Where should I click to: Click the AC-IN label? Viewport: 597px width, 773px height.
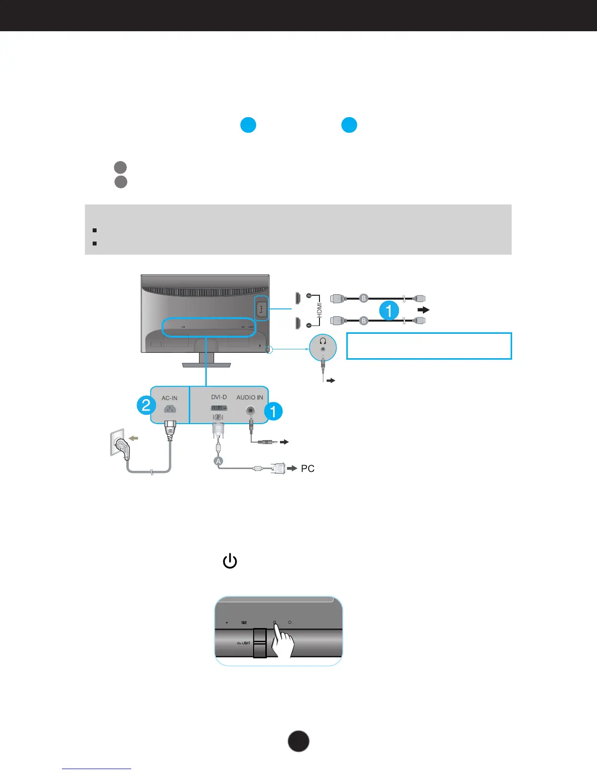pos(169,398)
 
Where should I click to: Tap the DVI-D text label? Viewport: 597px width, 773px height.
pos(219,397)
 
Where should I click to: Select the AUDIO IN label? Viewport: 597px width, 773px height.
pos(250,397)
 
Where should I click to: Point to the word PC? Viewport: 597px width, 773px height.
pos(308,468)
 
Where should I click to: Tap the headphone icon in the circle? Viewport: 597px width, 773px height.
pos(322,341)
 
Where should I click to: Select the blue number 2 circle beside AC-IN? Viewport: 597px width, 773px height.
pos(146,405)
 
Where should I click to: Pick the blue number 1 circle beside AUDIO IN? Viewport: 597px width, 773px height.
pos(273,411)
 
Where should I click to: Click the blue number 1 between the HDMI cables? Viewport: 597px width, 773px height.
pos(389,310)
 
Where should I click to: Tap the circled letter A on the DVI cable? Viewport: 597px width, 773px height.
pos(218,461)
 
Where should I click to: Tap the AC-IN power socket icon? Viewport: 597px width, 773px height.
pos(169,410)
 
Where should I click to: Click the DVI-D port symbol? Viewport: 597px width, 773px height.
pos(219,407)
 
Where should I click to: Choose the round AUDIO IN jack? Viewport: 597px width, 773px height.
pos(251,411)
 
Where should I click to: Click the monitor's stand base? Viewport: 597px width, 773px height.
pos(206,364)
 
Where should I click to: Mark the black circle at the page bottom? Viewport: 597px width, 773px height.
pos(298,741)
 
